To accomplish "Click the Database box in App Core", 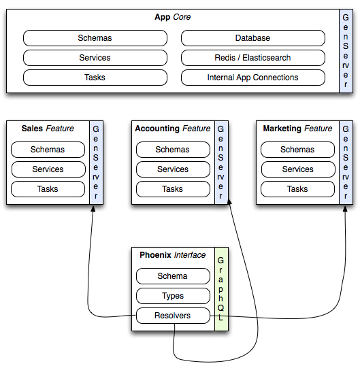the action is click(x=253, y=38).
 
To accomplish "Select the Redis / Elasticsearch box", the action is click(x=253, y=58).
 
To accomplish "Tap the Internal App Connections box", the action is click(x=253, y=78).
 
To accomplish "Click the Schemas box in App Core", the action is click(x=95, y=38).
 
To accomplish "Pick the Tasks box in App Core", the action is click(x=95, y=78).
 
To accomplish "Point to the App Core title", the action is click(x=173, y=17).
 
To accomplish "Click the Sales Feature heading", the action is click(x=48, y=129).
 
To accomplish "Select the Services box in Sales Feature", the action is click(x=48, y=169).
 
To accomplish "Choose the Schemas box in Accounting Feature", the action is click(x=173, y=150).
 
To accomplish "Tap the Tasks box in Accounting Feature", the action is click(x=173, y=189).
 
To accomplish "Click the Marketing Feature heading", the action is click(x=297, y=129).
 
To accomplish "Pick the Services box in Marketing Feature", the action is click(x=298, y=169).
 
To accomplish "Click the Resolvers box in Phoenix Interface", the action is click(x=173, y=316).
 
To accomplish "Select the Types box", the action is click(x=173, y=296).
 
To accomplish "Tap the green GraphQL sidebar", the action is click(x=221, y=289).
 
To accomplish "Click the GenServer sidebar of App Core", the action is click(x=346, y=51).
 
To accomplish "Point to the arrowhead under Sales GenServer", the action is click(x=93, y=209).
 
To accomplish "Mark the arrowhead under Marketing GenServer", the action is click(x=345, y=209).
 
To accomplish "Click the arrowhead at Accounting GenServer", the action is click(x=229, y=202).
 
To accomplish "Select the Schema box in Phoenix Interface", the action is click(x=173, y=276).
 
